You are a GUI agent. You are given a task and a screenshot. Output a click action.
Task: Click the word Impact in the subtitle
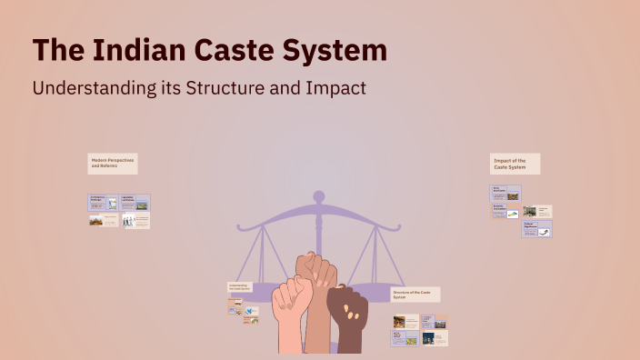332,89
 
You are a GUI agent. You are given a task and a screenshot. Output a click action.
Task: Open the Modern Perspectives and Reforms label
113,163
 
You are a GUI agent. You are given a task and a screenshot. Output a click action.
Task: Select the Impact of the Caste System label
515,164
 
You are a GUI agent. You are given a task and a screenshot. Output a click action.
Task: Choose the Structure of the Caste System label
415,295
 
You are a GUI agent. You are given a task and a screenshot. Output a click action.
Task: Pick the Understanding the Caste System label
238,287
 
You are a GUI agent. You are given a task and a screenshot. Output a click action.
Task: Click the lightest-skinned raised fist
291,318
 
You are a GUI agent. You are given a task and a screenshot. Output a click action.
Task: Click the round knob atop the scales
318,195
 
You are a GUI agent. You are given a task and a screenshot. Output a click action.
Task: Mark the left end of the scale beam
237,224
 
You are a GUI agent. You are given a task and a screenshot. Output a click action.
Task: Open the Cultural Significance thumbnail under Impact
536,229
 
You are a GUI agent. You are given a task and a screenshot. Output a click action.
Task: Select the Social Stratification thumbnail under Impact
505,194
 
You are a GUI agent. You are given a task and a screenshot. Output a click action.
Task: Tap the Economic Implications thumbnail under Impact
505,211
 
